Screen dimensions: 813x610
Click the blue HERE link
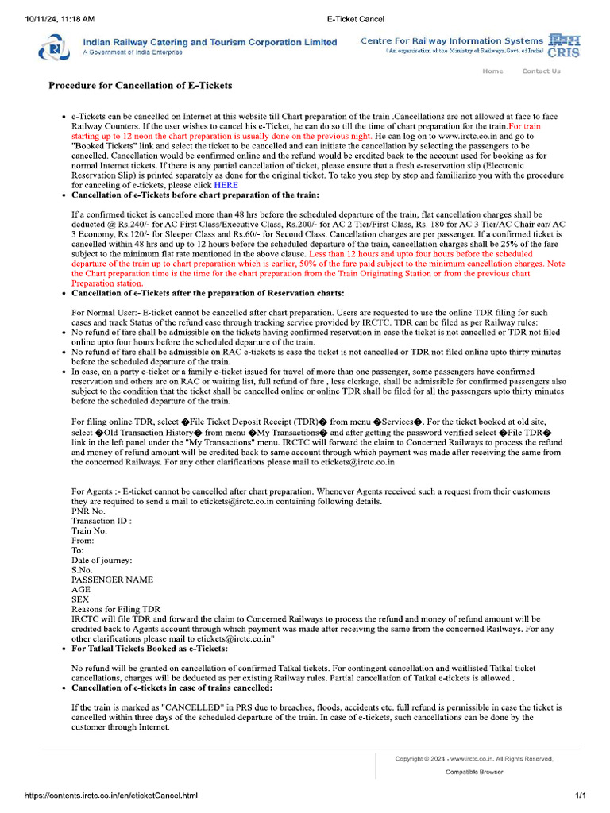click(226, 185)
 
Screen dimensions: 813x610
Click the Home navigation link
click(492, 71)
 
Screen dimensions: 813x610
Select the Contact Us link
click(541, 71)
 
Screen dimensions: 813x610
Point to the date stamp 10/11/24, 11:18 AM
click(60, 17)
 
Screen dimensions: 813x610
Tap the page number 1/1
click(580, 796)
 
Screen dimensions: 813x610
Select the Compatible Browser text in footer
click(473, 772)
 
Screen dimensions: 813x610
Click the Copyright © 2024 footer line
click(474, 759)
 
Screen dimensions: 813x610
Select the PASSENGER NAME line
click(112, 580)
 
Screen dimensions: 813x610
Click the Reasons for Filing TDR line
click(116, 609)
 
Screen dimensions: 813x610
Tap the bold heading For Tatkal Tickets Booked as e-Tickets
click(149, 649)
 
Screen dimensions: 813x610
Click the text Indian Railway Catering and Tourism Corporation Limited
click(210, 42)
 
